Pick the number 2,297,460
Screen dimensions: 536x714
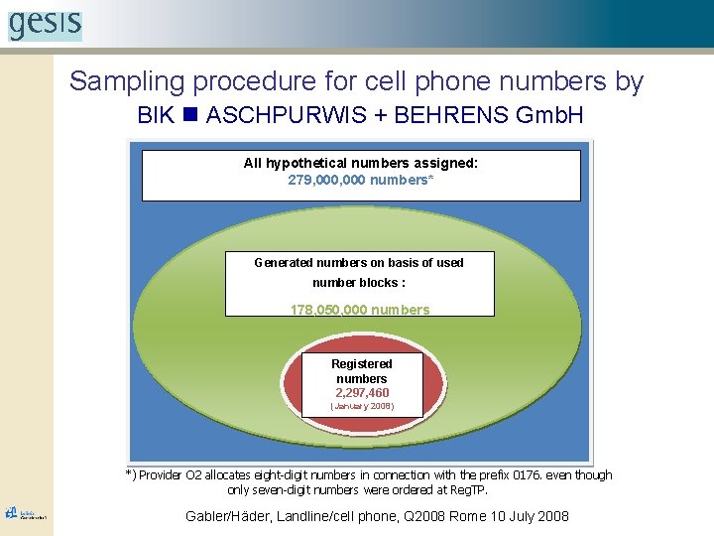[362, 393]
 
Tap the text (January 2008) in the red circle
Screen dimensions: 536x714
[362, 406]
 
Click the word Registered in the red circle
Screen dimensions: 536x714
[362, 364]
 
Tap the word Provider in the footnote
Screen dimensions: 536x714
[161, 475]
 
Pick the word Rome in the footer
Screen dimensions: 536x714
[462, 516]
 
